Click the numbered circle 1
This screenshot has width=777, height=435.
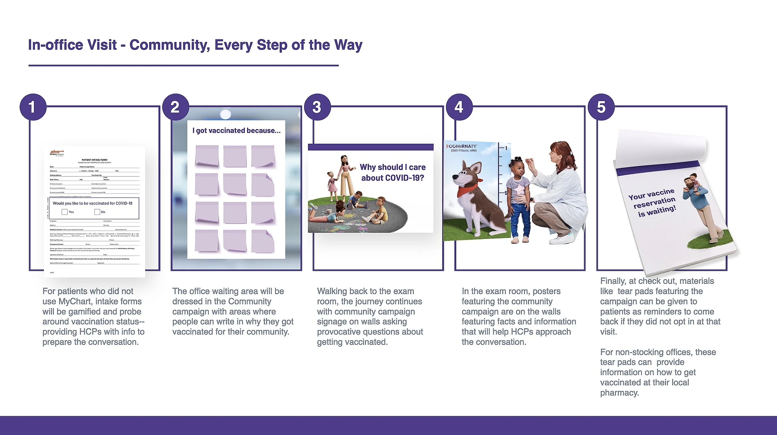tap(33, 107)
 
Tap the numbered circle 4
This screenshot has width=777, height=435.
tap(459, 107)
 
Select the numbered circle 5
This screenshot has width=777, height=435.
tap(601, 107)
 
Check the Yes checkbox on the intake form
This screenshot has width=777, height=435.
tap(65, 212)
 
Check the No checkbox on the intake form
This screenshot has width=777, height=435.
tap(97, 212)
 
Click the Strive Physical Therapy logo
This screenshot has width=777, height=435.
tap(57, 153)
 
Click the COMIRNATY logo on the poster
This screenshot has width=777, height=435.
tap(462, 146)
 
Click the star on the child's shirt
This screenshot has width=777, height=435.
tap(518, 189)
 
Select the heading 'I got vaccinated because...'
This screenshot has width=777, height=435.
tap(236, 131)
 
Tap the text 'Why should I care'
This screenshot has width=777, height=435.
tap(393, 167)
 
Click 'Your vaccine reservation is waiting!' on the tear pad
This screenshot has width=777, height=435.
tap(652, 203)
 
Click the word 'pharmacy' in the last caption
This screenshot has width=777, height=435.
tap(619, 393)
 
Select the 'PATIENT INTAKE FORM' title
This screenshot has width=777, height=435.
tap(94, 160)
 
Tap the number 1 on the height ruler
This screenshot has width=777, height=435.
tap(506, 148)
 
